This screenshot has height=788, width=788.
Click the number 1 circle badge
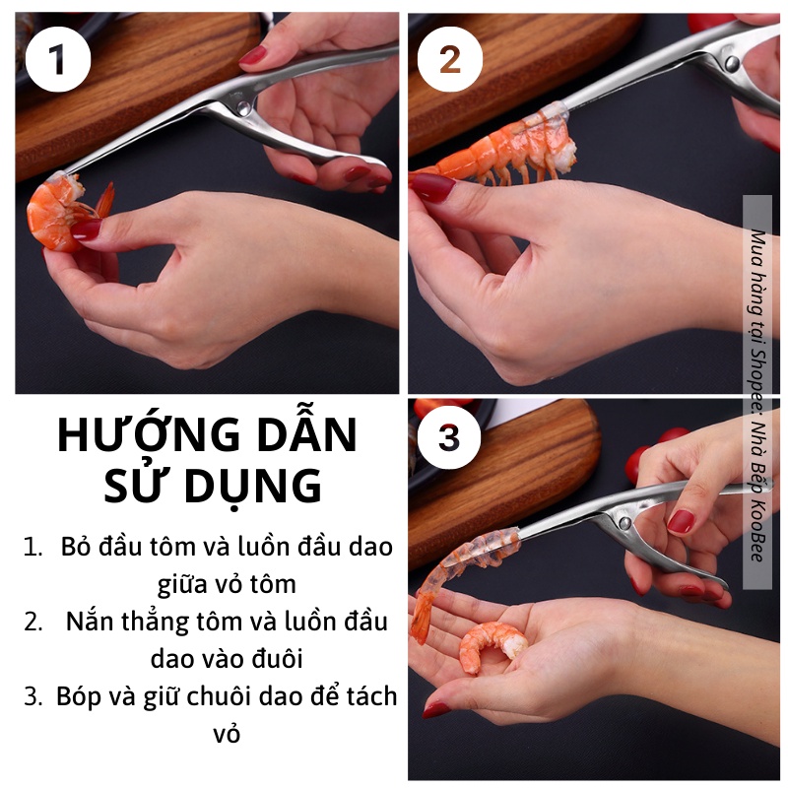pos(58,59)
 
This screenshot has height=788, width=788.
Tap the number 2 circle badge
pos(450,59)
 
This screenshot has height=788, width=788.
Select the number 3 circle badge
pos(449,437)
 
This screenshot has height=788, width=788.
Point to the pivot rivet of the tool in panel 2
pos(732,63)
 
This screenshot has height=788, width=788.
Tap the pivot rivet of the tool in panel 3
pos(624,523)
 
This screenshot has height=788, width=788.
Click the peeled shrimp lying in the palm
pos(492,646)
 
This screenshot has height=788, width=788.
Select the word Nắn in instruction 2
pos(85,622)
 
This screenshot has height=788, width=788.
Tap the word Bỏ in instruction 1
pos(76,547)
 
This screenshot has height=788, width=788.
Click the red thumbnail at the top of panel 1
pos(252,54)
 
